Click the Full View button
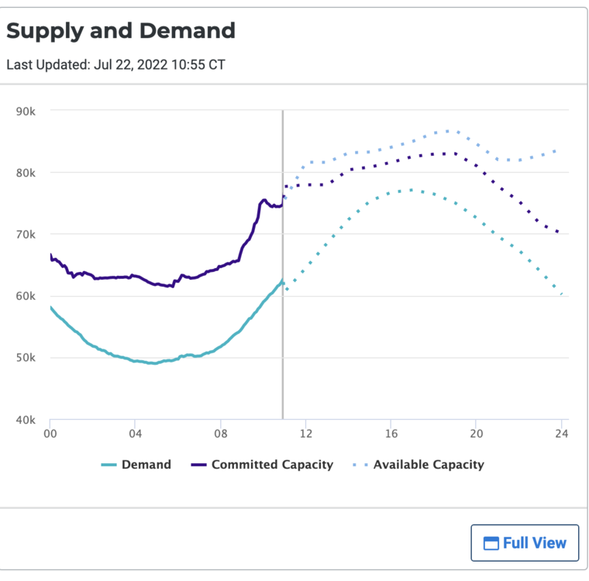point(525,543)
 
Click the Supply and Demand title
point(121,31)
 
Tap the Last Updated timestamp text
point(115,64)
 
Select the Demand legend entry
point(136,465)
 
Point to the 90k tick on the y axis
point(26,111)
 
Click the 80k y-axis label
point(26,173)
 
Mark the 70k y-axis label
point(26,235)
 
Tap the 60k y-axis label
point(26,297)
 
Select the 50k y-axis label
point(26,359)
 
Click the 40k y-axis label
point(26,421)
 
